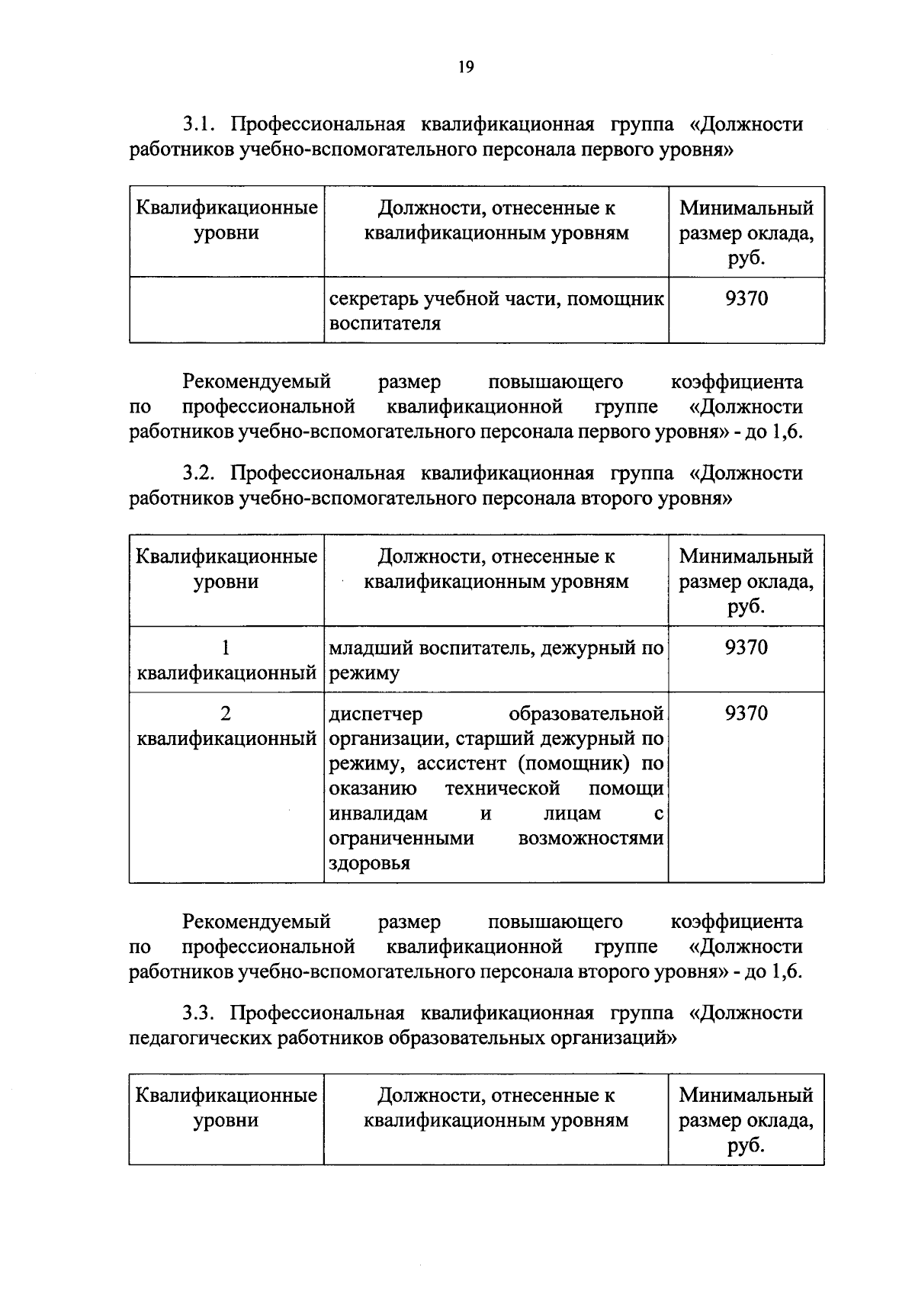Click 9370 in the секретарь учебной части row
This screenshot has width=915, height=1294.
pos(746,298)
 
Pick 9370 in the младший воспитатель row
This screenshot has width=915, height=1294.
pos(746,647)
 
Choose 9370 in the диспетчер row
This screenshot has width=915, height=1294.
pos(746,714)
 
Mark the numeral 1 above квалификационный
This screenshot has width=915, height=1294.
pos(226,647)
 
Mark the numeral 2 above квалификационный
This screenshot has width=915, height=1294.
pos(226,714)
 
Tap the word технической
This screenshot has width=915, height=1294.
pos(502,788)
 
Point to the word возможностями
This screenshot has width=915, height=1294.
pos(590,839)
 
